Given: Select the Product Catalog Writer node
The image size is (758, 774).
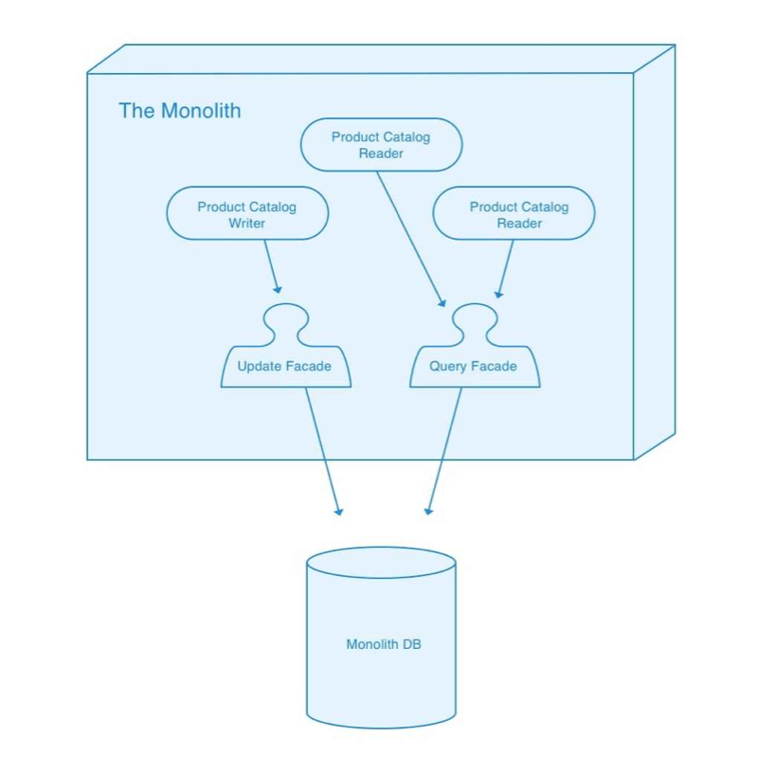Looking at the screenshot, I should pos(247,214).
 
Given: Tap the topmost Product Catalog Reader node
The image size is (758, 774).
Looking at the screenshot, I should pos(381,145).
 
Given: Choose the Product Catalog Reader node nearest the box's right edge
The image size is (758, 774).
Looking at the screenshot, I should pos(514,214).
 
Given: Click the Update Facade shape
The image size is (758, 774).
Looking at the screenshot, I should pos(285,365).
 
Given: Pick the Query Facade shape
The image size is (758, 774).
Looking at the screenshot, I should pos(475,365).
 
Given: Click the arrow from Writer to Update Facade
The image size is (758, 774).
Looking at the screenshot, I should pos(272,266).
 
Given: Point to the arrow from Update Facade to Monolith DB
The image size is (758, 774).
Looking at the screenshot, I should pos(321,450).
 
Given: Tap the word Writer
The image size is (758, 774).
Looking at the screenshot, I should pos(246,224).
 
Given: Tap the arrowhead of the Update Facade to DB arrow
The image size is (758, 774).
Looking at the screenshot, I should pos(338,512).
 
